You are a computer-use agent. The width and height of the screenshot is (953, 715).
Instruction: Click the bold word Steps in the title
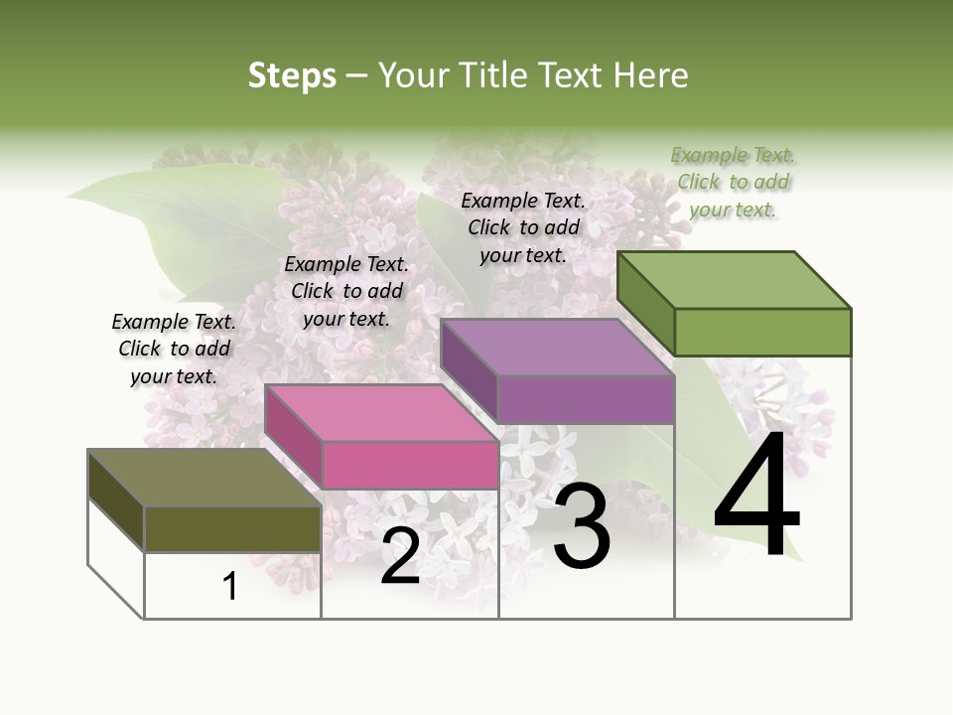coord(292,75)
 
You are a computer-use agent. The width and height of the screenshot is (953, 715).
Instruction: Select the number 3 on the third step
coord(581,528)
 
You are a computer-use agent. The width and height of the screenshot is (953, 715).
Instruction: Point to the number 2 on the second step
coord(400,556)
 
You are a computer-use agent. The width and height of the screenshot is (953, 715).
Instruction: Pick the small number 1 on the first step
coord(230,587)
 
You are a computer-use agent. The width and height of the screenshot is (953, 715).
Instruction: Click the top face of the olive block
coord(204,478)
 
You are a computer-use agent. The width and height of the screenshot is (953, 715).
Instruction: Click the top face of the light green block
coord(734,280)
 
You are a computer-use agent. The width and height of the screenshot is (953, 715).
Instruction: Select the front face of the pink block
coord(410,465)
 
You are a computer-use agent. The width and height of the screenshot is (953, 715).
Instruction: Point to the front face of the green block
coord(762,332)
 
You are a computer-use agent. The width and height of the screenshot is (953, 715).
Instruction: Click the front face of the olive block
coord(232,529)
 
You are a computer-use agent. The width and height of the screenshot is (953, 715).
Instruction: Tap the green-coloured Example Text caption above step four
coord(733,182)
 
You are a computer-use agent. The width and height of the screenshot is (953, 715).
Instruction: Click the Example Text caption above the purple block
coord(523,227)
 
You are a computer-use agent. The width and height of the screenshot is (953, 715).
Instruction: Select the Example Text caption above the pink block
coord(346,291)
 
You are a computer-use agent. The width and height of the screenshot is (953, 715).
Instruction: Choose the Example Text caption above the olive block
coord(174,349)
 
